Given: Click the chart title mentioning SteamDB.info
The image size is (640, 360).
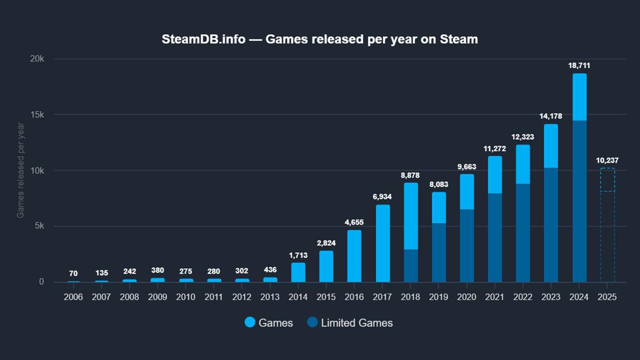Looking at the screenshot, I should click(x=319, y=40).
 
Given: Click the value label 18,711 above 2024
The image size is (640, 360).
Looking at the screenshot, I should click(x=579, y=66).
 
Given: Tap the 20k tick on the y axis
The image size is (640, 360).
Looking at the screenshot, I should click(x=37, y=59).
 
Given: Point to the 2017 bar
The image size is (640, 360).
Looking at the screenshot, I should click(x=382, y=243).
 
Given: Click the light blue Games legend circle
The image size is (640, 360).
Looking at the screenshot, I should click(x=250, y=323).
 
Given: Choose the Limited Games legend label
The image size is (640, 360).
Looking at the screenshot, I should click(x=356, y=323).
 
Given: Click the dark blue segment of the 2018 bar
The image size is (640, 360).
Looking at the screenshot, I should click(x=411, y=266).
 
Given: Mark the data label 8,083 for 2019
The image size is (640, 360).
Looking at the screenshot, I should click(x=439, y=184).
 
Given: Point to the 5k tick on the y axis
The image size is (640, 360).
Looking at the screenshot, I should click(x=38, y=226).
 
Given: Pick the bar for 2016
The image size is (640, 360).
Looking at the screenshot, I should click(x=354, y=256).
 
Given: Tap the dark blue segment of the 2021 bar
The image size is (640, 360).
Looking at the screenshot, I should click(x=495, y=237).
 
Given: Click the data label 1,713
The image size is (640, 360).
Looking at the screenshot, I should click(x=298, y=255).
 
